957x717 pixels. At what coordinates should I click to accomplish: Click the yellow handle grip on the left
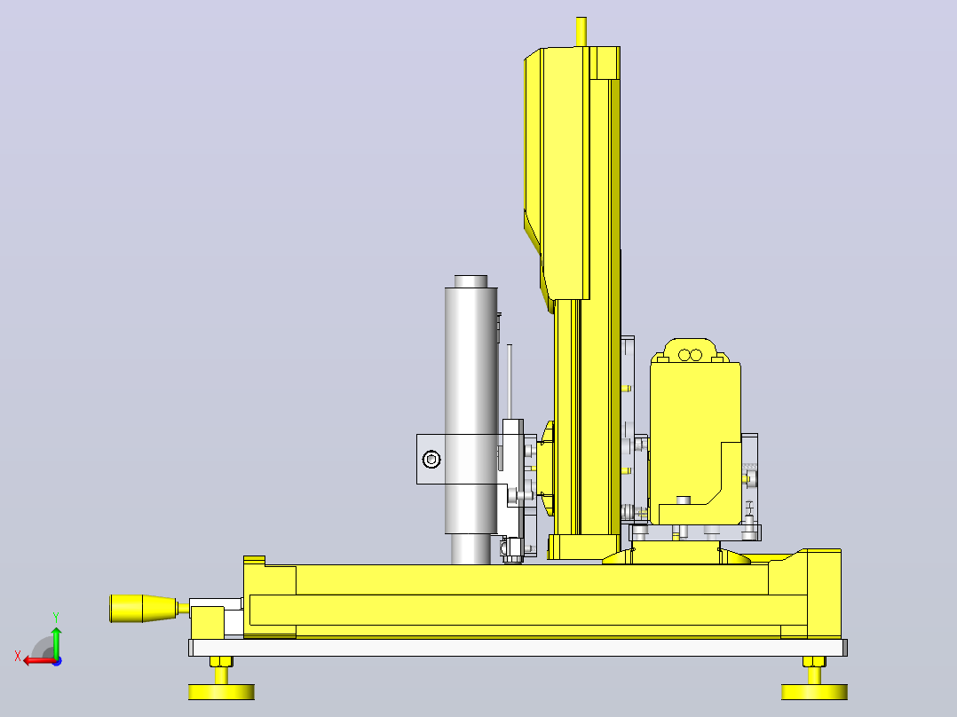144,609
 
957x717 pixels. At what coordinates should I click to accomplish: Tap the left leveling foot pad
221,691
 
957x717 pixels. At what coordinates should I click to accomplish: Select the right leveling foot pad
814,691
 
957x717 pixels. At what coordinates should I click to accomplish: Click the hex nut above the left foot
221,661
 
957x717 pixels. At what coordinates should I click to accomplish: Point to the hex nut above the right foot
814,661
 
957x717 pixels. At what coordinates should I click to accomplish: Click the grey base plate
518,648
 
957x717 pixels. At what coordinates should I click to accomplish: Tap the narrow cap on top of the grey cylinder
471,281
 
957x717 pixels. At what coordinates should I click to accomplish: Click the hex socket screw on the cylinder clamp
431,459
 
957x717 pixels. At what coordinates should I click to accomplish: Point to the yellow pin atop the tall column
581,32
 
